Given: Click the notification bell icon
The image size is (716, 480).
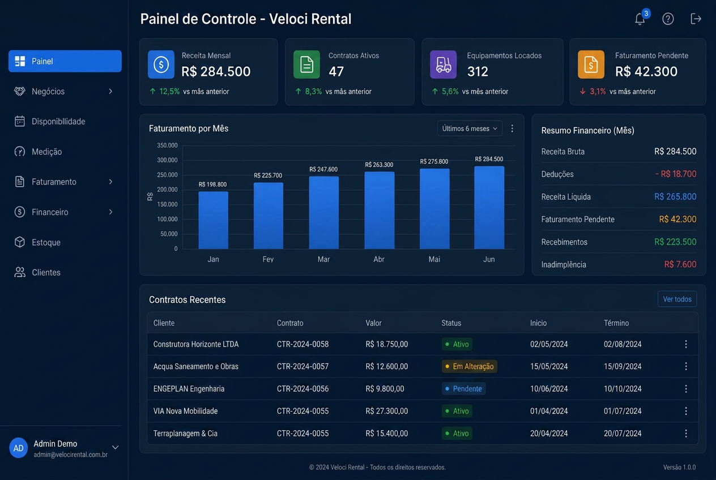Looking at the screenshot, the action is point(640,19).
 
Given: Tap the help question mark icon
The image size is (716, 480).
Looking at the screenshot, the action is point(668,19).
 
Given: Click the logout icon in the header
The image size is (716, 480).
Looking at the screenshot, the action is point(696,19).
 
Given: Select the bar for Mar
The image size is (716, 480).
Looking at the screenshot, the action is point(323,212).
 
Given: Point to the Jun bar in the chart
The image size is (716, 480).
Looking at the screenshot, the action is point(489,207).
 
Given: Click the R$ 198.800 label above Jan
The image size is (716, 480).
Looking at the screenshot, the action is point(212,185).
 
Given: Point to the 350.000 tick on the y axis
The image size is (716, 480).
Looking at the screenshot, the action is point(167,145).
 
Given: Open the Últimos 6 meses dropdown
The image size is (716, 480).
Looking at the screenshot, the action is point(470,128).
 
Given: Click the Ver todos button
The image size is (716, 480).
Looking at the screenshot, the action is point(677,299).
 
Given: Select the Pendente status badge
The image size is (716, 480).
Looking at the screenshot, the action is point(463,389).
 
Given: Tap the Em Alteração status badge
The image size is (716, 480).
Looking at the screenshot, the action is point(469,366).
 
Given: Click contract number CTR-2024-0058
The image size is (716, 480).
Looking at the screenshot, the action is point(302,344).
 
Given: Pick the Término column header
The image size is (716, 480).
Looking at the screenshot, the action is point(616,323).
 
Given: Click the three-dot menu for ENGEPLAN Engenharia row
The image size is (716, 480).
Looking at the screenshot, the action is point(686,389).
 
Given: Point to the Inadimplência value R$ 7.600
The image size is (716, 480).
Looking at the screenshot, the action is point(680,264).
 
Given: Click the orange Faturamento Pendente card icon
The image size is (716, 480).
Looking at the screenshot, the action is point(591,64).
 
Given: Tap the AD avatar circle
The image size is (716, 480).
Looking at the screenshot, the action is point(18,448).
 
